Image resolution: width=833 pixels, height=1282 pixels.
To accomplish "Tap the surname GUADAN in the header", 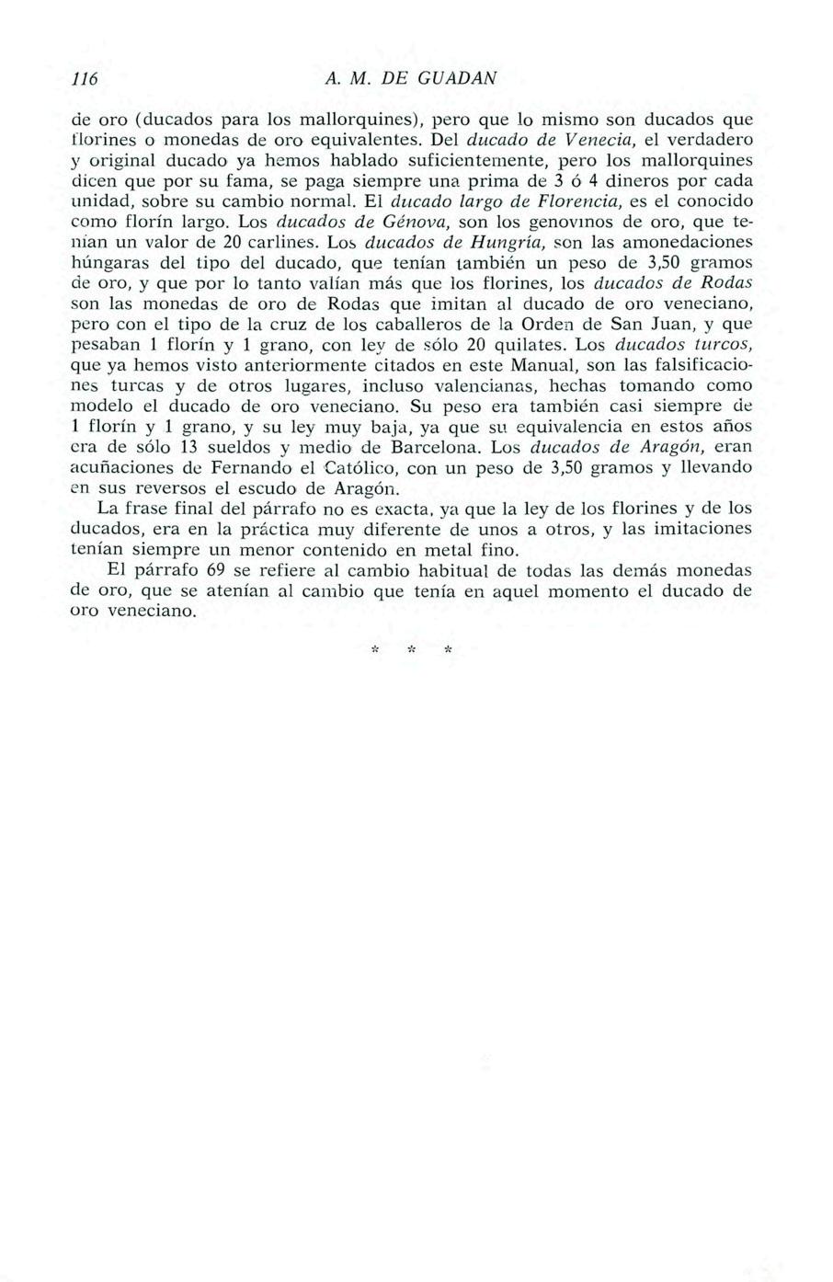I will pos(458,79).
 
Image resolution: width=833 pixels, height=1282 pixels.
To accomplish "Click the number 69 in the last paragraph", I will pos(216,569).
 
